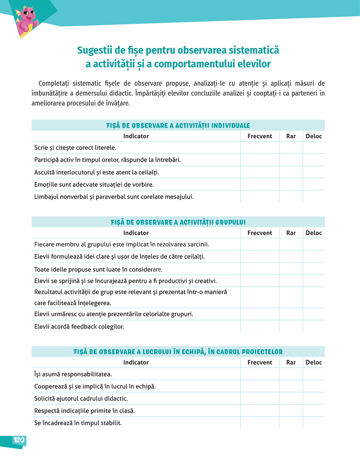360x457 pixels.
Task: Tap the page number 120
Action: [19, 440]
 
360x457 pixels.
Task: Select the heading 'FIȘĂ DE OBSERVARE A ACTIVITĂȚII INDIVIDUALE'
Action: [178, 126]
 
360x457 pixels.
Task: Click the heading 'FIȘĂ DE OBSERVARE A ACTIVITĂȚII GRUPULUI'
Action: [178, 222]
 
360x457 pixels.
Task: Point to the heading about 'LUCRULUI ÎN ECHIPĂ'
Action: [178, 352]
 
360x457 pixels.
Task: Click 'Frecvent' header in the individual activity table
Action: [260, 136]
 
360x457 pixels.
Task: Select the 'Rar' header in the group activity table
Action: [291, 233]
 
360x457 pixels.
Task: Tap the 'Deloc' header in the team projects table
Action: [314, 363]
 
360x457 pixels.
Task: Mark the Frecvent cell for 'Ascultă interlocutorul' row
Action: [260, 172]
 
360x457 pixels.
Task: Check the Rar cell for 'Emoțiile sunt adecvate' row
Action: [291, 184]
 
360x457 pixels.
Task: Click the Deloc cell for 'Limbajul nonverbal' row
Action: [314, 197]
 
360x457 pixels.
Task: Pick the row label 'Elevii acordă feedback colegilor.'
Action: [79, 327]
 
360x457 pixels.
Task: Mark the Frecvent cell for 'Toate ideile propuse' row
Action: [260, 269]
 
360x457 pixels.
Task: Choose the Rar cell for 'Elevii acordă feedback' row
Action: [291, 326]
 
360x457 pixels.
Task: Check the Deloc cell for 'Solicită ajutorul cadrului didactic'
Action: [314, 398]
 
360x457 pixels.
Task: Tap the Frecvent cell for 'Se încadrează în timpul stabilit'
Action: [260, 423]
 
